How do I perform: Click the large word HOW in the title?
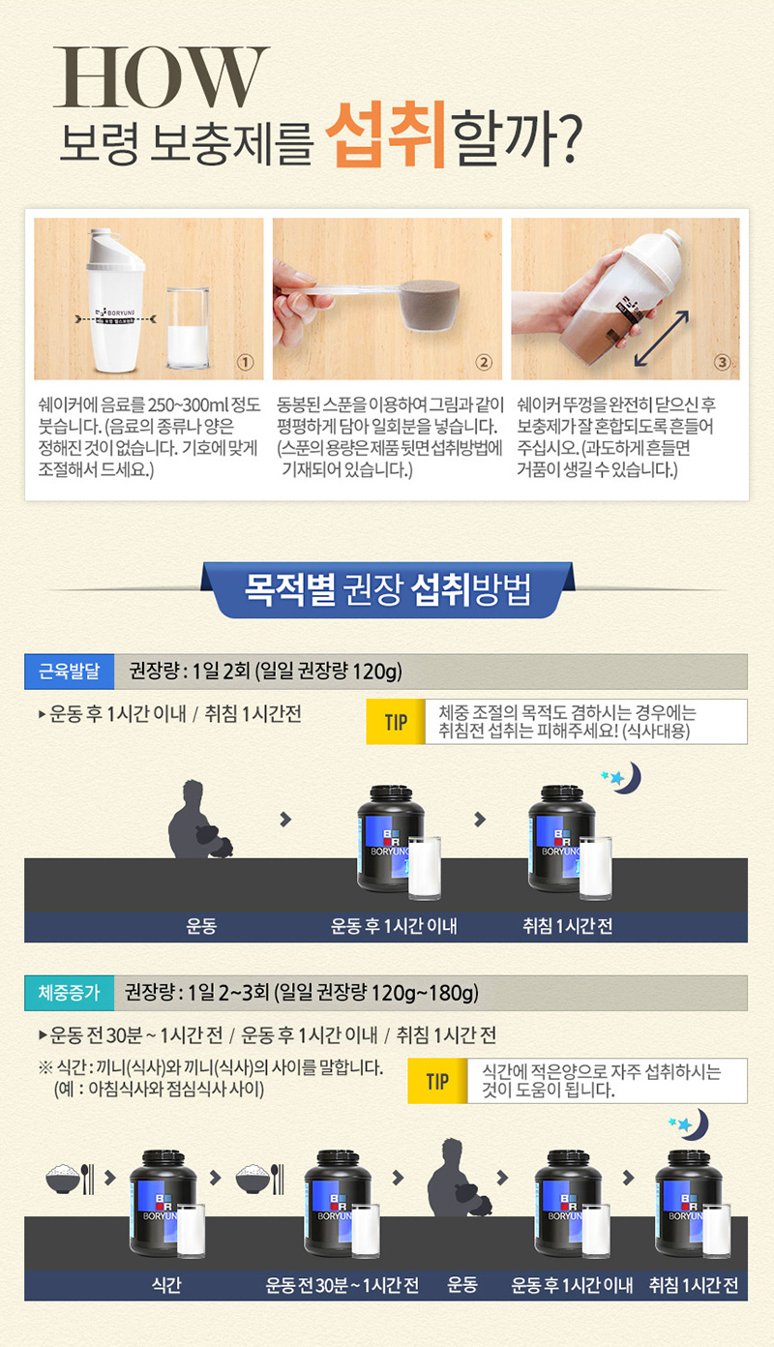click(x=162, y=77)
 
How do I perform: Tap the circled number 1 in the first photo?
click(x=245, y=362)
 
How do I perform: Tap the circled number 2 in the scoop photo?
click(x=484, y=362)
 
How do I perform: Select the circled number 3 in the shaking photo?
click(x=722, y=362)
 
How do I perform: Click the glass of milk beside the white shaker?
click(x=188, y=328)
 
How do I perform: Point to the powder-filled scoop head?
click(x=430, y=304)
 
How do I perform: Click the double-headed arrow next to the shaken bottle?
click(x=662, y=339)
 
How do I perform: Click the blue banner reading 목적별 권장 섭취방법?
click(x=388, y=589)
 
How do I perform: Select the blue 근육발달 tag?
click(x=69, y=672)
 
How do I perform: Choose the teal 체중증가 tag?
click(x=69, y=992)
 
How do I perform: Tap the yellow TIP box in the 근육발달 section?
click(x=396, y=722)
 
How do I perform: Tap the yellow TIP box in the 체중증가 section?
click(x=437, y=1081)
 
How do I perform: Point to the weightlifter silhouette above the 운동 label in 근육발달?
click(x=199, y=819)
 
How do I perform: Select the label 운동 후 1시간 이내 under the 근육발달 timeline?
click(x=394, y=926)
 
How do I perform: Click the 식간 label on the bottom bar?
click(x=166, y=1285)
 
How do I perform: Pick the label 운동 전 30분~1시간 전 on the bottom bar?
click(x=342, y=1285)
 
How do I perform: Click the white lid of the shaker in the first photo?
click(x=114, y=249)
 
